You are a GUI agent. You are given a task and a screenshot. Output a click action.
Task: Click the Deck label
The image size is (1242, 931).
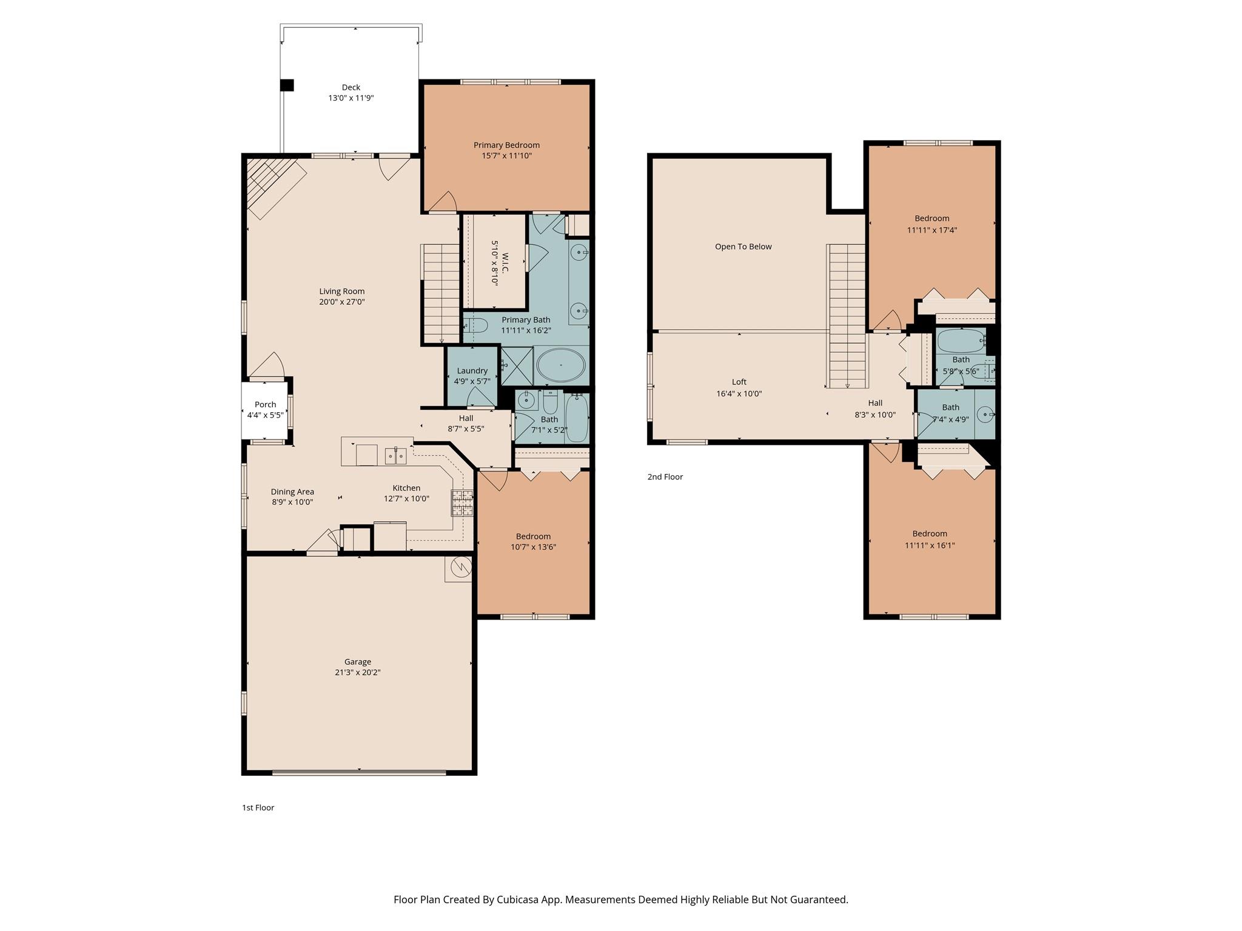coord(351,87)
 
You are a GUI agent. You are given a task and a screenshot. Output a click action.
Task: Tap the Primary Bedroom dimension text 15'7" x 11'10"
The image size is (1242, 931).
coord(506,156)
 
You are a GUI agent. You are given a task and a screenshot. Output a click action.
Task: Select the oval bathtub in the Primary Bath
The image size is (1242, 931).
coord(561,365)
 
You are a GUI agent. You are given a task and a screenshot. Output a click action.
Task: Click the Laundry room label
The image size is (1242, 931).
coord(472,371)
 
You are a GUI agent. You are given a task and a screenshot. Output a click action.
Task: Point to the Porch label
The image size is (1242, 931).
coord(265,404)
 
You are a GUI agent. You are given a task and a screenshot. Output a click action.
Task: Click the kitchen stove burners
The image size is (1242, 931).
coord(462,503)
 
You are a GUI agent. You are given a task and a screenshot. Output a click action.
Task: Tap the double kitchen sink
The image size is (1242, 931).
coord(396,456)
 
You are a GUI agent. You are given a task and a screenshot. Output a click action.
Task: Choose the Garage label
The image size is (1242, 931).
coord(358,662)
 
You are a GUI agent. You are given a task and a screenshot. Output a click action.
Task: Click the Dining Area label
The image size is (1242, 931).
coord(292,492)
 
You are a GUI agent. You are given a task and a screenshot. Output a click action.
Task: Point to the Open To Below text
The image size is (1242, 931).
coord(744,247)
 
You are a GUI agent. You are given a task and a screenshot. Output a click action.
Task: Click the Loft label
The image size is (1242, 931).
coord(739,382)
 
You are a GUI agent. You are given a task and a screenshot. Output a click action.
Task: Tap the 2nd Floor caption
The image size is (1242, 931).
coord(665,477)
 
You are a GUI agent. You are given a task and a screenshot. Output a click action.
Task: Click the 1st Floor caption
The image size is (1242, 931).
coord(258,807)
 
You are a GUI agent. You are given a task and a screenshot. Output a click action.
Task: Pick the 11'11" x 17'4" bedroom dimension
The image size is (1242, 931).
coord(932,230)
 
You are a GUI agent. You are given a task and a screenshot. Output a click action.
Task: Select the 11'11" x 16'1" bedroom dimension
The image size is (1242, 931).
coord(930,546)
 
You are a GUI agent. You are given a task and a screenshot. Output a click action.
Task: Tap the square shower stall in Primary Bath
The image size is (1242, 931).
coord(517,365)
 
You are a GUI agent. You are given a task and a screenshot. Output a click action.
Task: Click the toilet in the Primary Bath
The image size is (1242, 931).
coord(475,326)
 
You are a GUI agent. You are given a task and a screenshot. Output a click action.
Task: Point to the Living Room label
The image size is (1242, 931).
coord(342,291)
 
